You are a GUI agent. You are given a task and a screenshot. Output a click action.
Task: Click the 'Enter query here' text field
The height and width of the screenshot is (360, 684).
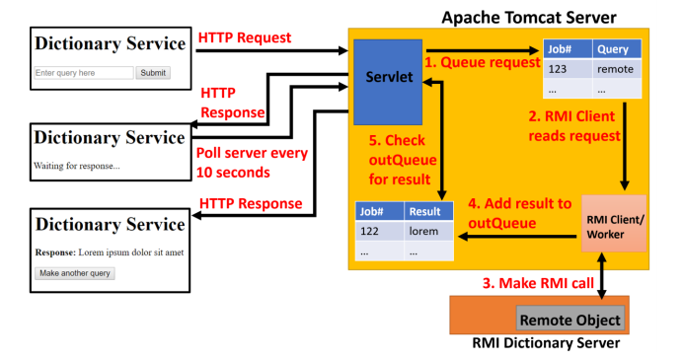[x=83, y=73]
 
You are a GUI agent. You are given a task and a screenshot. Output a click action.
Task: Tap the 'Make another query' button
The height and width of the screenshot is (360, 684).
[x=75, y=273]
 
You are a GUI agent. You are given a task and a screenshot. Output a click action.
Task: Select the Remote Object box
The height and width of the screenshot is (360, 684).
[x=570, y=320]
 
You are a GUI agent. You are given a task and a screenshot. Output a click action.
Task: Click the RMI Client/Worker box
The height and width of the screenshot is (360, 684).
[x=614, y=225]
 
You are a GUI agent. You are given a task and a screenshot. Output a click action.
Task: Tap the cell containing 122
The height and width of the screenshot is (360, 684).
[x=378, y=232]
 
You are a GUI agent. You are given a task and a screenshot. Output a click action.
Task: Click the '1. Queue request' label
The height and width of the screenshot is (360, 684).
[x=483, y=61]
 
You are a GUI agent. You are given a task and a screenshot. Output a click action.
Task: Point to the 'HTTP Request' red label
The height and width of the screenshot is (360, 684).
[x=245, y=38]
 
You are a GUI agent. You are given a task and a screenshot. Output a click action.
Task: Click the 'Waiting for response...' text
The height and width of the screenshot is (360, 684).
[x=77, y=165]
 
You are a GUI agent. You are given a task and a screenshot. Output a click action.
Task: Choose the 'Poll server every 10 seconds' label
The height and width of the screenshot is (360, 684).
[x=252, y=163]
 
